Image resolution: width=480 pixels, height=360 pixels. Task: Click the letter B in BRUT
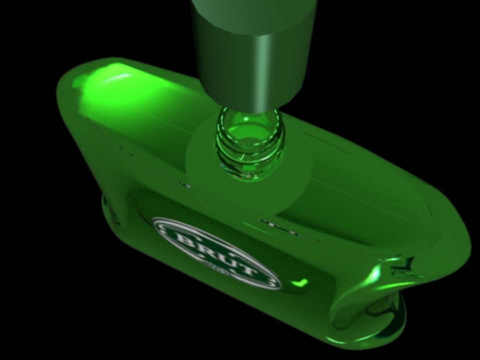coord(182,239)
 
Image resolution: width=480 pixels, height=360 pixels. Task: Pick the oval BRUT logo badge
coord(217,254)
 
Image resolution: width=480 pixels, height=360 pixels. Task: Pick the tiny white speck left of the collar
coord(184,184)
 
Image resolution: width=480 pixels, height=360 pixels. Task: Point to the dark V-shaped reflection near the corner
coord(405,265)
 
